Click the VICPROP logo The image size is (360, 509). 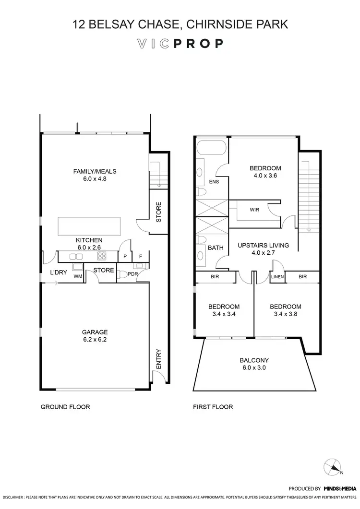(x=180, y=44)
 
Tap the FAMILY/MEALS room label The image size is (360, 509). (x=95, y=171)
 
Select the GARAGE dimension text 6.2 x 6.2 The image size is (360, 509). (x=95, y=340)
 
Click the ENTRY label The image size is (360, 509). (x=159, y=359)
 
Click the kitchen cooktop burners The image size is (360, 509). (x=102, y=256)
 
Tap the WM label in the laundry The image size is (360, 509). (x=77, y=277)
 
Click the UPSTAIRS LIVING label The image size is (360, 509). (x=263, y=245)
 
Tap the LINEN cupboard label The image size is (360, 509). (x=277, y=277)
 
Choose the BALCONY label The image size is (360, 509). (x=254, y=360)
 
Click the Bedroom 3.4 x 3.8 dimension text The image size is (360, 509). (x=285, y=315)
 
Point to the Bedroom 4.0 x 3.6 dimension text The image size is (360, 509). (x=265, y=176)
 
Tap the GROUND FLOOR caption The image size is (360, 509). (x=65, y=407)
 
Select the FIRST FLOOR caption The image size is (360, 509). (x=213, y=407)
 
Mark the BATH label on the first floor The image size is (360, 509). (x=215, y=248)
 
